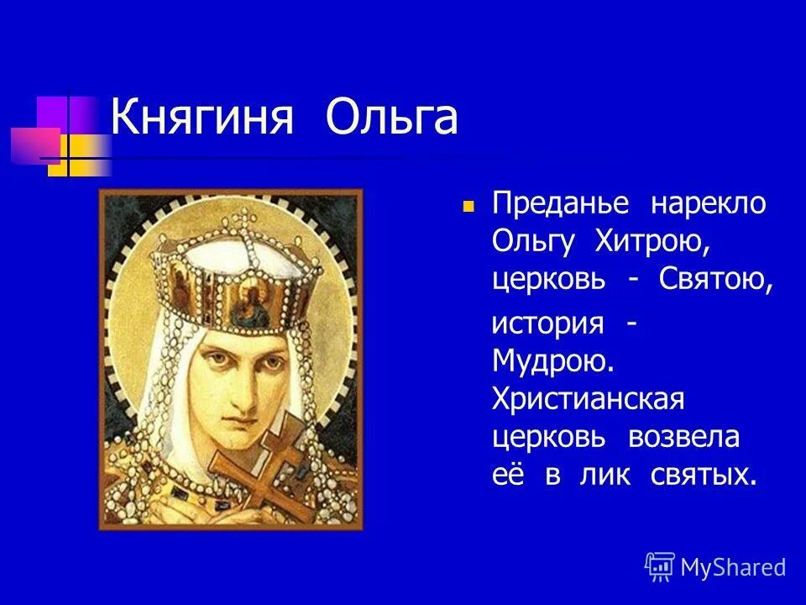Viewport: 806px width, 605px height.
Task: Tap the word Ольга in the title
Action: [391, 119]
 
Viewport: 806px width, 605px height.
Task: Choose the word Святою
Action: [714, 280]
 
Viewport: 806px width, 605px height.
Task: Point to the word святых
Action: [704, 475]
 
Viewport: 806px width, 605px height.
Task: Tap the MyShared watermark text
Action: [733, 567]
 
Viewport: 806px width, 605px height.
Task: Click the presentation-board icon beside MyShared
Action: [660, 567]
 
